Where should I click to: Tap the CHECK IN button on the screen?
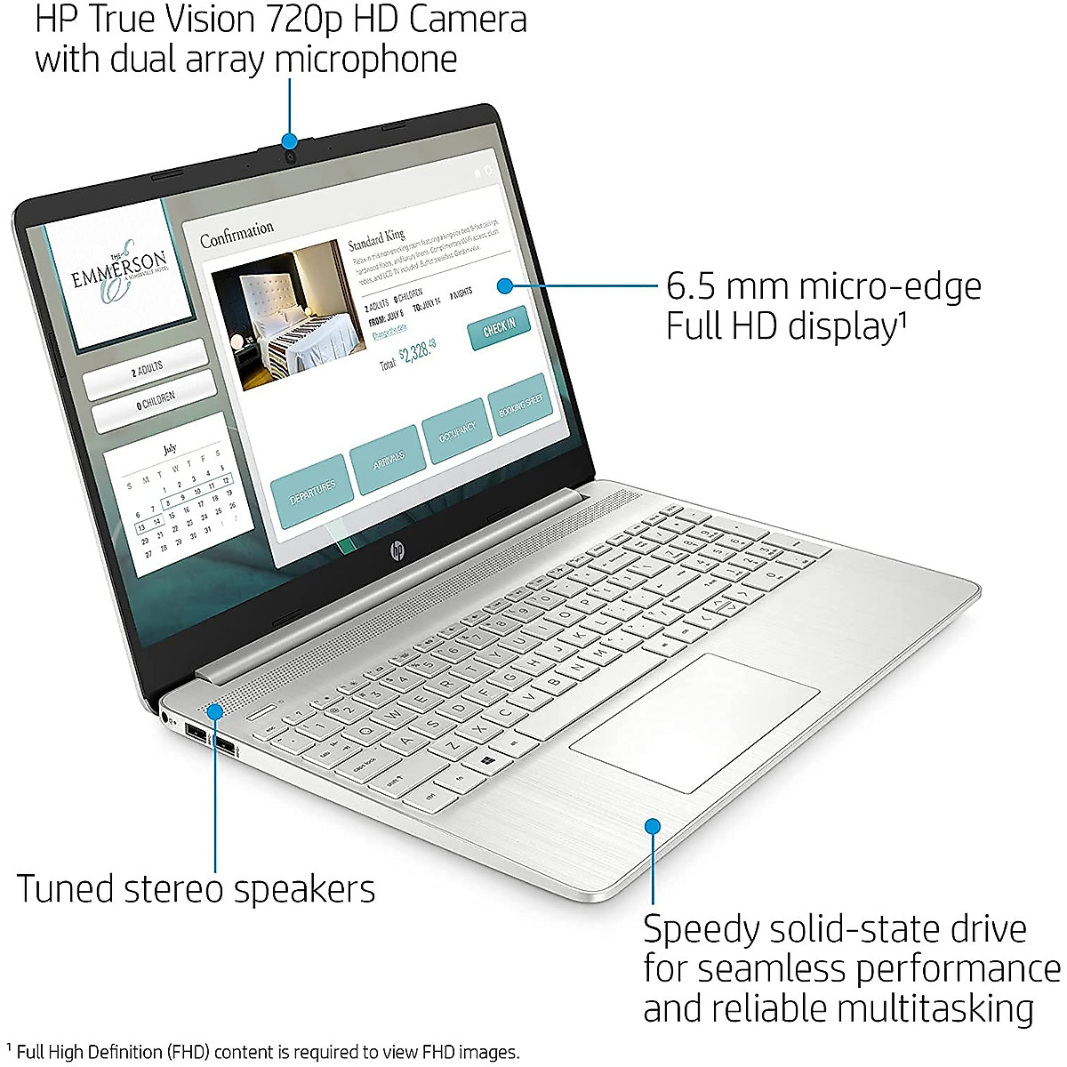click(499, 329)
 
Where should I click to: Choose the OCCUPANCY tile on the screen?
click(457, 432)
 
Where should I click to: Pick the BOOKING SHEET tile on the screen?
click(520, 406)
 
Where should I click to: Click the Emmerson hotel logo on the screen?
click(119, 273)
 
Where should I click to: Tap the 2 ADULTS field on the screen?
click(147, 369)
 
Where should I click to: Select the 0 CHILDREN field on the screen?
click(155, 402)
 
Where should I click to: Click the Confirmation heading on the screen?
click(237, 234)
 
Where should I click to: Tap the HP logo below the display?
click(396, 552)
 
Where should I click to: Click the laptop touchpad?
click(694, 722)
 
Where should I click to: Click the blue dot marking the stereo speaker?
click(215, 711)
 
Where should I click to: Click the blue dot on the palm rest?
click(653, 826)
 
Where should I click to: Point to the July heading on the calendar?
click(170, 449)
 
